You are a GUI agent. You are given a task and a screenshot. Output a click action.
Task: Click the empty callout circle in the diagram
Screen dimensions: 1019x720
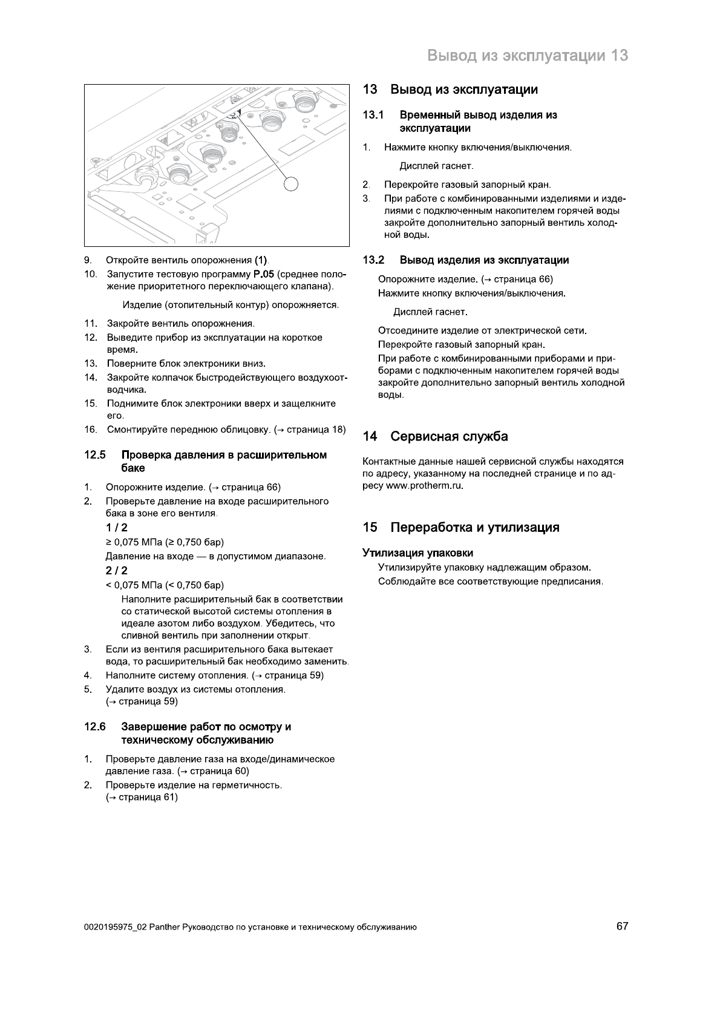pos(292,183)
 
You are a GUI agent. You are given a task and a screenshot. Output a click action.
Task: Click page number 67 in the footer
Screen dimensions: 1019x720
pos(622,926)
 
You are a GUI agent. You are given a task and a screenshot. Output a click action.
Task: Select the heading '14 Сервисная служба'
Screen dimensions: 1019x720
pos(435,436)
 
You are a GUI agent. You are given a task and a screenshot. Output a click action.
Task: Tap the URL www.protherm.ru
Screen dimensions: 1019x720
pos(425,486)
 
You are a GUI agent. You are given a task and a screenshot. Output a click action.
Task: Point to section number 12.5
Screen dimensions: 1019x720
pos(95,455)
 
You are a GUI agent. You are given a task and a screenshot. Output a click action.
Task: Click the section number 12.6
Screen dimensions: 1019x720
pos(95,727)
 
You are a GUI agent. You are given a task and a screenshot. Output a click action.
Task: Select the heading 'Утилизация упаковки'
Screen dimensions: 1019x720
pos(417,552)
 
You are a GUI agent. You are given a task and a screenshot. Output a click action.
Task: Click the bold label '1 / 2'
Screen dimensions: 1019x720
pos(116,527)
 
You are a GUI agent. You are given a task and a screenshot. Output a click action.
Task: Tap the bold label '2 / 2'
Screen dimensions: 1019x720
pos(116,571)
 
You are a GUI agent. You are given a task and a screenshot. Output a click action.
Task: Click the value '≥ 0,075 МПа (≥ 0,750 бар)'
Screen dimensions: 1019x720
pos(165,542)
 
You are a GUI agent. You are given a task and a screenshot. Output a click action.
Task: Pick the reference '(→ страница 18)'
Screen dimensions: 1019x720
pos(310,430)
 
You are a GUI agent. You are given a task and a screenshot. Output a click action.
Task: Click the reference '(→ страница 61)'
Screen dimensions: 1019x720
pos(142,798)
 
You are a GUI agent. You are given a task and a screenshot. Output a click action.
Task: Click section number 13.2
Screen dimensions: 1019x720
pos(373,260)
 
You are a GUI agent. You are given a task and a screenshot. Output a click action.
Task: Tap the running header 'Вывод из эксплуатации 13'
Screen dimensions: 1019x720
pos(528,56)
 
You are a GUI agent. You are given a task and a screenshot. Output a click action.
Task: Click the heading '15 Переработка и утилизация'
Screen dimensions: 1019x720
pos(461,527)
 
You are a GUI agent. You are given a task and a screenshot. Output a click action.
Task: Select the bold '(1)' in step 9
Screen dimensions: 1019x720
pos(261,260)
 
